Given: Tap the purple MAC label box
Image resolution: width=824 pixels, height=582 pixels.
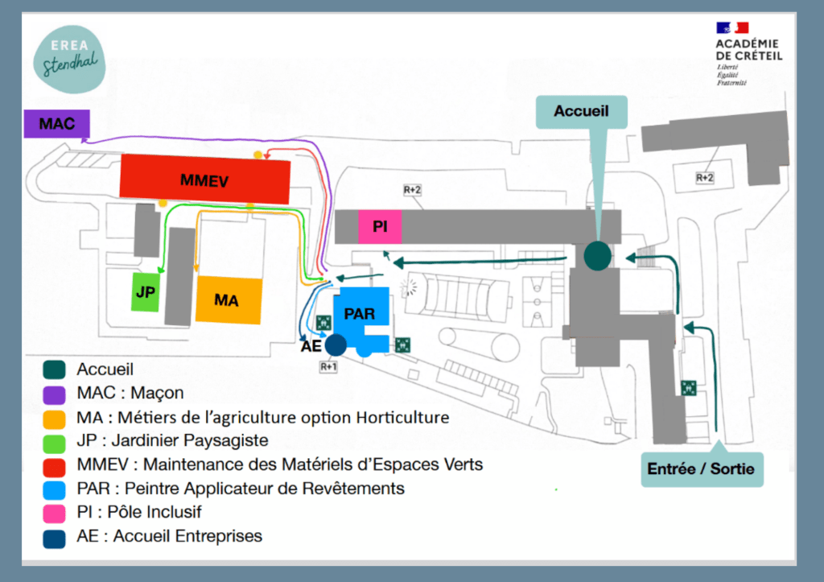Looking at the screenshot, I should pos(56,124).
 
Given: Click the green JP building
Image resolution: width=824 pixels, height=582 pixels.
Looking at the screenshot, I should pos(146,292).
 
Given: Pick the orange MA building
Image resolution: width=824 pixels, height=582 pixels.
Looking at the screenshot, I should pos(229,300).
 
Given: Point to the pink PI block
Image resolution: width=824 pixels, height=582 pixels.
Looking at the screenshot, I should pos(380,227).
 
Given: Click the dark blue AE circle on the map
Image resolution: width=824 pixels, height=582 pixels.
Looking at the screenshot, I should pos(336,345).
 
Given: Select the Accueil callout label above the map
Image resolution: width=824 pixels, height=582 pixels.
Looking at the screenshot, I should pos(582,111).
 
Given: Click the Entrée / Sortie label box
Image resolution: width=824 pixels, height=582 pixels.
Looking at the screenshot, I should pos(701,468).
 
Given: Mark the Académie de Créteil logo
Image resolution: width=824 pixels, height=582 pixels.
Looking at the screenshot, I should pos(747,52).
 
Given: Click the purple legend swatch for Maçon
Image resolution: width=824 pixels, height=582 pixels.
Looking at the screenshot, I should pos(55,394).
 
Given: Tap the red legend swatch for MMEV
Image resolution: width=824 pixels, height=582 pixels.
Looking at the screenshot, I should pos(55,465).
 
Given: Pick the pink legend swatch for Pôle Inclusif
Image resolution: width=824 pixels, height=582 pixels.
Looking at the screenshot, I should pos(55,513).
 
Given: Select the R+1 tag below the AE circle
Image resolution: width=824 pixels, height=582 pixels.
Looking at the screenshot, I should pos(329,366).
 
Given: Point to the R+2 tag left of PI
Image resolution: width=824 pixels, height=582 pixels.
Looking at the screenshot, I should pos(412,189).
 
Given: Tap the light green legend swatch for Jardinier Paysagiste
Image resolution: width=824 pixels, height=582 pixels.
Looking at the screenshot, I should pos(55,441).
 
